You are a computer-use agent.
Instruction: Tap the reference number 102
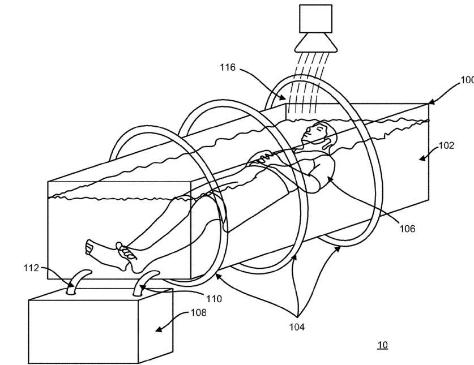447,145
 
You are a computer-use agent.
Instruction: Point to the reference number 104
297,327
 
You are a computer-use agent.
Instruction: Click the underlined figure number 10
382,345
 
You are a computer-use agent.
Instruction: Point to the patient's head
317,133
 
